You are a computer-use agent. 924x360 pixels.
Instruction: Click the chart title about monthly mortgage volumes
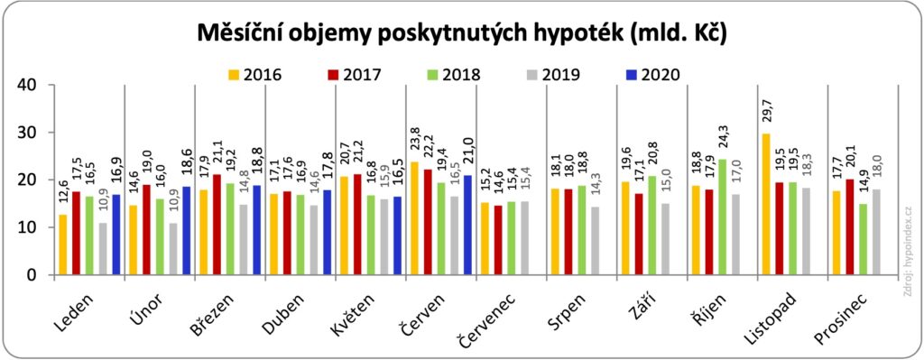tap(461, 32)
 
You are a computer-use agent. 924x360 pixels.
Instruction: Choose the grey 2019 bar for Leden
tap(104, 249)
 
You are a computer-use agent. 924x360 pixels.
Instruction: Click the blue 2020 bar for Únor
tap(187, 231)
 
